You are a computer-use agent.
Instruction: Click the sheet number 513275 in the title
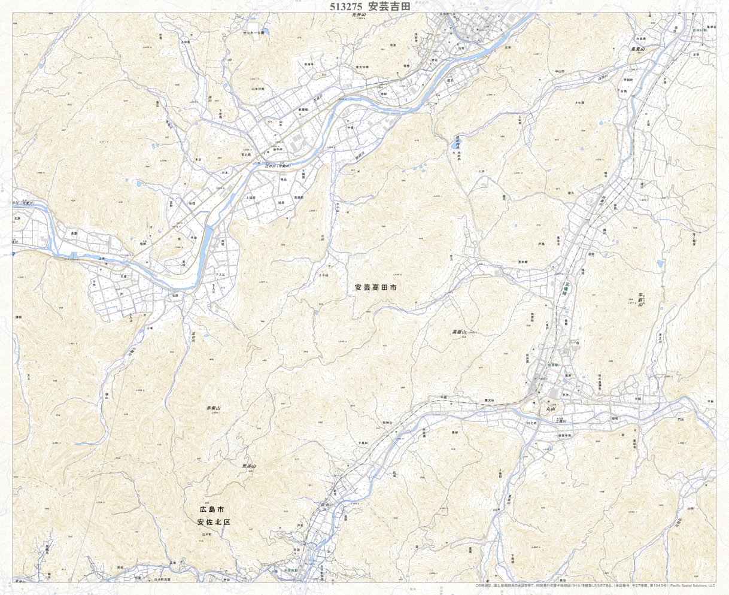click(346, 7)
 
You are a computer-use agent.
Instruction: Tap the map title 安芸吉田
click(388, 7)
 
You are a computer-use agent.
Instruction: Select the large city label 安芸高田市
click(375, 287)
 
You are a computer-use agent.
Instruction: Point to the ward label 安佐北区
click(214, 522)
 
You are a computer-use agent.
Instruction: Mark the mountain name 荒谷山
click(249, 466)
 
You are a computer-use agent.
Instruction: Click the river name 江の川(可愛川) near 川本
click(281, 165)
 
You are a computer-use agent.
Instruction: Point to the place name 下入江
click(220, 274)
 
